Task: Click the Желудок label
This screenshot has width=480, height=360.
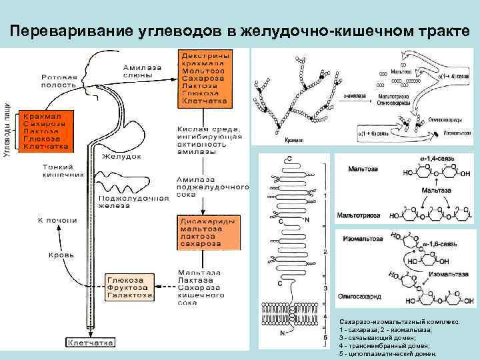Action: pyautogui.click(x=121, y=157)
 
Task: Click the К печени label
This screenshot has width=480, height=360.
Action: pyautogui.click(x=57, y=220)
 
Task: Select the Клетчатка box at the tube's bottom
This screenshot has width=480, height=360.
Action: pyautogui.click(x=91, y=342)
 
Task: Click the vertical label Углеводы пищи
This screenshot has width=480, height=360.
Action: pyautogui.click(x=7, y=130)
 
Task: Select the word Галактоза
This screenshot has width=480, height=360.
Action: pyautogui.click(x=129, y=294)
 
